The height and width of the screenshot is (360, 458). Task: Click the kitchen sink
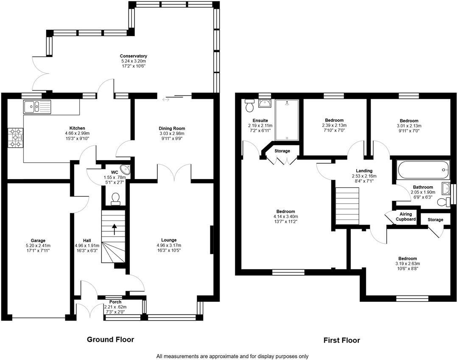(37, 107)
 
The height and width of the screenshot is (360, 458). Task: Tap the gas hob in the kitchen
(16, 138)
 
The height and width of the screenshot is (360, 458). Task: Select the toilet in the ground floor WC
(116, 199)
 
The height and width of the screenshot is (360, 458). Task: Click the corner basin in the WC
(127, 170)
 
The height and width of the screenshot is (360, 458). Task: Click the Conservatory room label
(134, 56)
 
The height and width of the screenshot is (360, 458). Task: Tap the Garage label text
(38, 241)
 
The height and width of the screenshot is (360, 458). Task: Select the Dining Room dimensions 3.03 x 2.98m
(172, 133)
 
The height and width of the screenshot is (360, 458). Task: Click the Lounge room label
(169, 240)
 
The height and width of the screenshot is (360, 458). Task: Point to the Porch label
(115, 302)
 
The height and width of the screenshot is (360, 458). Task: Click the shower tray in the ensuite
(287, 120)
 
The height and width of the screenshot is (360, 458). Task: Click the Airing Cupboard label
(406, 217)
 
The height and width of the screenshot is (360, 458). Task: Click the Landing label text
(364, 171)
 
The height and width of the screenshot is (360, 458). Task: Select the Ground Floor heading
(110, 340)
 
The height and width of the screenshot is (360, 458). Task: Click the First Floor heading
(342, 340)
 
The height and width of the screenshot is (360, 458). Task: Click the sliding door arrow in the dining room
(166, 100)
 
